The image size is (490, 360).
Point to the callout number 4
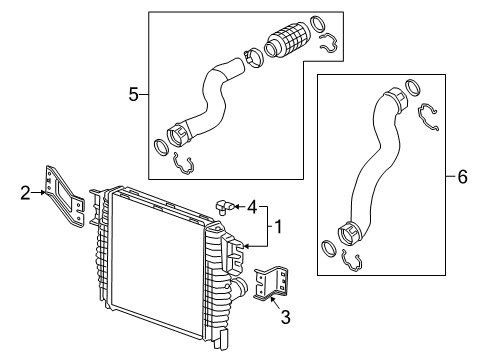pyautogui.click(x=252, y=207)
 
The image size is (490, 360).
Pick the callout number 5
pyautogui.click(x=133, y=95)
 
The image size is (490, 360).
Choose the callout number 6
pyautogui.click(x=462, y=177)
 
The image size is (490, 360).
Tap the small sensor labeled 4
pyautogui.click(x=224, y=206)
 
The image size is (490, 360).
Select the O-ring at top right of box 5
pyautogui.click(x=317, y=24)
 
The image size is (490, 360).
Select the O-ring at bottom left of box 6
pyautogui.click(x=330, y=246)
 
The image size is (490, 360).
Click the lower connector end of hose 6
pyautogui.click(x=354, y=234)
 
